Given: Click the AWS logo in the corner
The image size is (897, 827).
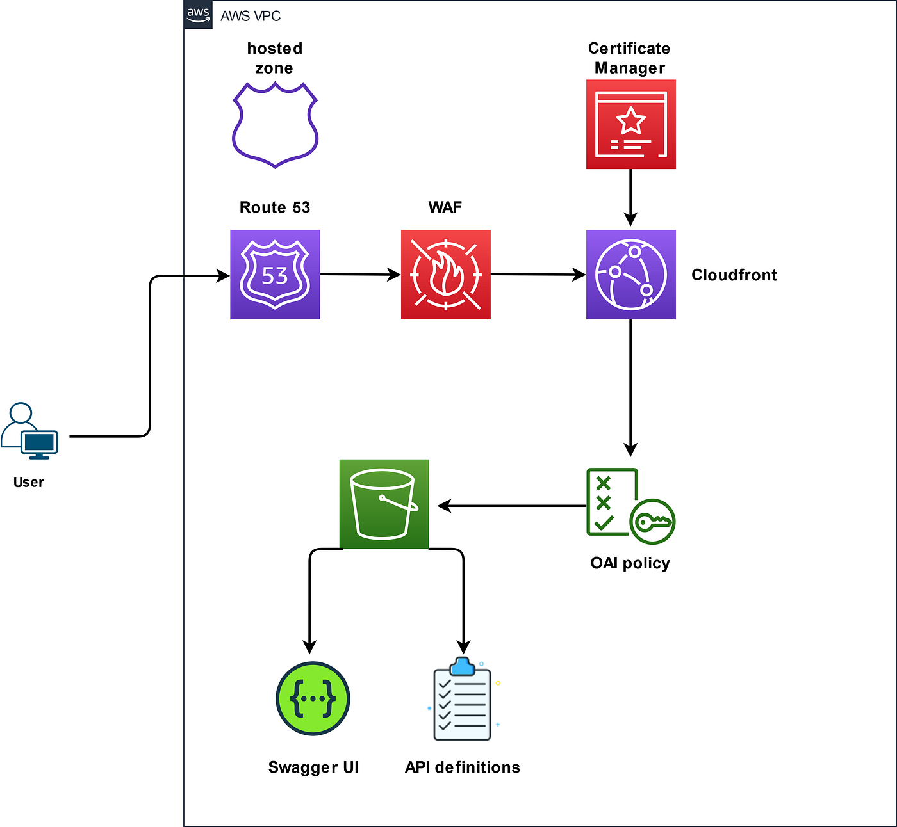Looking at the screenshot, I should click(x=198, y=15).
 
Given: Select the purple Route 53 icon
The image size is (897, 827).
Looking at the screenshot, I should click(x=275, y=275).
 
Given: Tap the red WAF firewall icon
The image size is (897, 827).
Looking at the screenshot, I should click(x=445, y=275).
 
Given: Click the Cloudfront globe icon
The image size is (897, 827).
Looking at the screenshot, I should click(x=630, y=275).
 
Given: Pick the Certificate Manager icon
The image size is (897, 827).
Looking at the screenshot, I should click(x=630, y=124).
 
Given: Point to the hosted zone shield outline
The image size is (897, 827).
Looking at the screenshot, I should click(x=275, y=124).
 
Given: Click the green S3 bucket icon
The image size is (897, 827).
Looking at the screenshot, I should click(x=384, y=504).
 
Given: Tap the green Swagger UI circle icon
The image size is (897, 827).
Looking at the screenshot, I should click(x=313, y=698).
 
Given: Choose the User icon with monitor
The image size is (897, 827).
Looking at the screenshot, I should click(x=29, y=432).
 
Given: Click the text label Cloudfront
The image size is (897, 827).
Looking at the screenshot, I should click(x=734, y=275).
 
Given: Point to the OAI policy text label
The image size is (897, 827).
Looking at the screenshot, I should click(x=630, y=563).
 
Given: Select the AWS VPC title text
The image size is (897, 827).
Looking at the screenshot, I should click(x=251, y=16).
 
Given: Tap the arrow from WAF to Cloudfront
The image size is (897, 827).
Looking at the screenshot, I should click(x=538, y=275).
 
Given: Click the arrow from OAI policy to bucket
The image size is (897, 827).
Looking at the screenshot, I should click(x=513, y=506).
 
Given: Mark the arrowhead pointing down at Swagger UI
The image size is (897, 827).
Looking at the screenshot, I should click(x=309, y=646).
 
